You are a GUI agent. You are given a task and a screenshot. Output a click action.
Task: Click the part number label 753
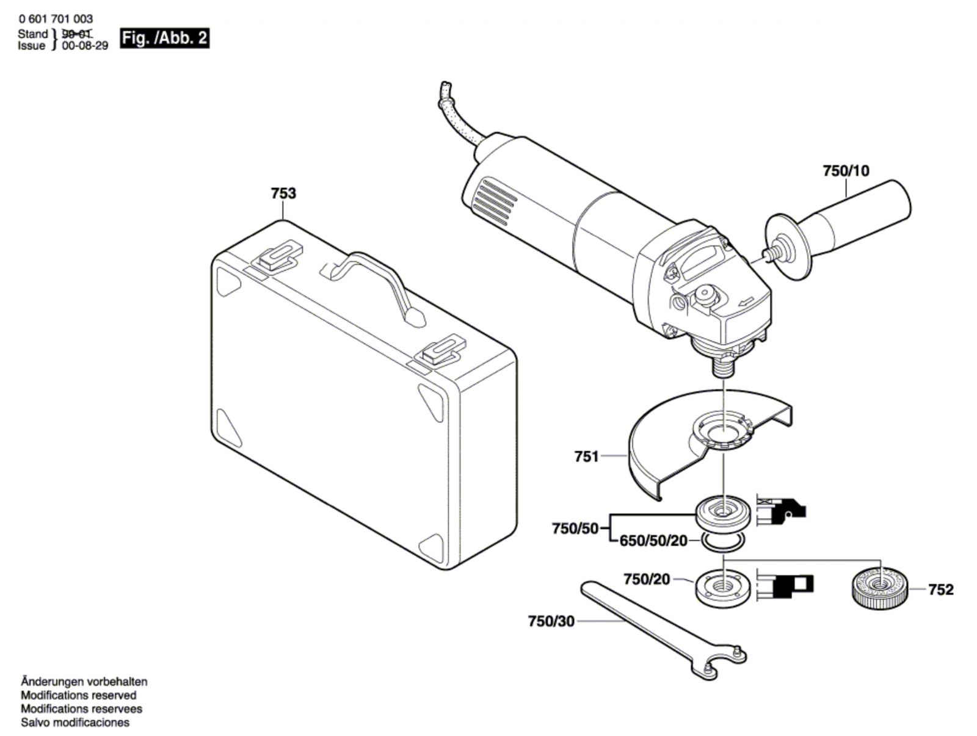pyautogui.click(x=283, y=193)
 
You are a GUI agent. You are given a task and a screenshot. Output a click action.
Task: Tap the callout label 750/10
pyautogui.click(x=846, y=171)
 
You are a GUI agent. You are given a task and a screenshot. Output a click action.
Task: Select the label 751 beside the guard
pyautogui.click(x=587, y=456)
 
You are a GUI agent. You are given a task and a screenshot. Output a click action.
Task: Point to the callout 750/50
pyautogui.click(x=575, y=529)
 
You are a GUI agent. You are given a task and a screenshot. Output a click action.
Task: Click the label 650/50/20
pyautogui.click(x=653, y=541)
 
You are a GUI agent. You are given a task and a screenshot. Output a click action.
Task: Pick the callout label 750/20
pyautogui.click(x=646, y=579)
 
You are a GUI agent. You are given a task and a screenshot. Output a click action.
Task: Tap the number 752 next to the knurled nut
pyautogui.click(x=941, y=590)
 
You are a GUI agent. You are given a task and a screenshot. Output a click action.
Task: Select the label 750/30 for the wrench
pyautogui.click(x=551, y=621)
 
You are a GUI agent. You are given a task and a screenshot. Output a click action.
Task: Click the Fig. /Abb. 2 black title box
pyautogui.click(x=165, y=38)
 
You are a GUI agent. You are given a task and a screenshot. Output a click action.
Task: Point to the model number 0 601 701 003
pyautogui.click(x=56, y=19)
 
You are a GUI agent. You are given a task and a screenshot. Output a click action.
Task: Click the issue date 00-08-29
pyautogui.click(x=84, y=46)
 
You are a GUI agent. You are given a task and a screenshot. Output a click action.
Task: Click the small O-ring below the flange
pyautogui.click(x=723, y=542)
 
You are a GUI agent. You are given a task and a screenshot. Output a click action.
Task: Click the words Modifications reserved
pyautogui.click(x=78, y=695)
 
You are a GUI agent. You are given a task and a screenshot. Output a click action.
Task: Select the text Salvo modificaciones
pyautogui.click(x=75, y=722)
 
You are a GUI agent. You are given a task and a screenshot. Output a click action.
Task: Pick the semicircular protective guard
pyautogui.click(x=710, y=446)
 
